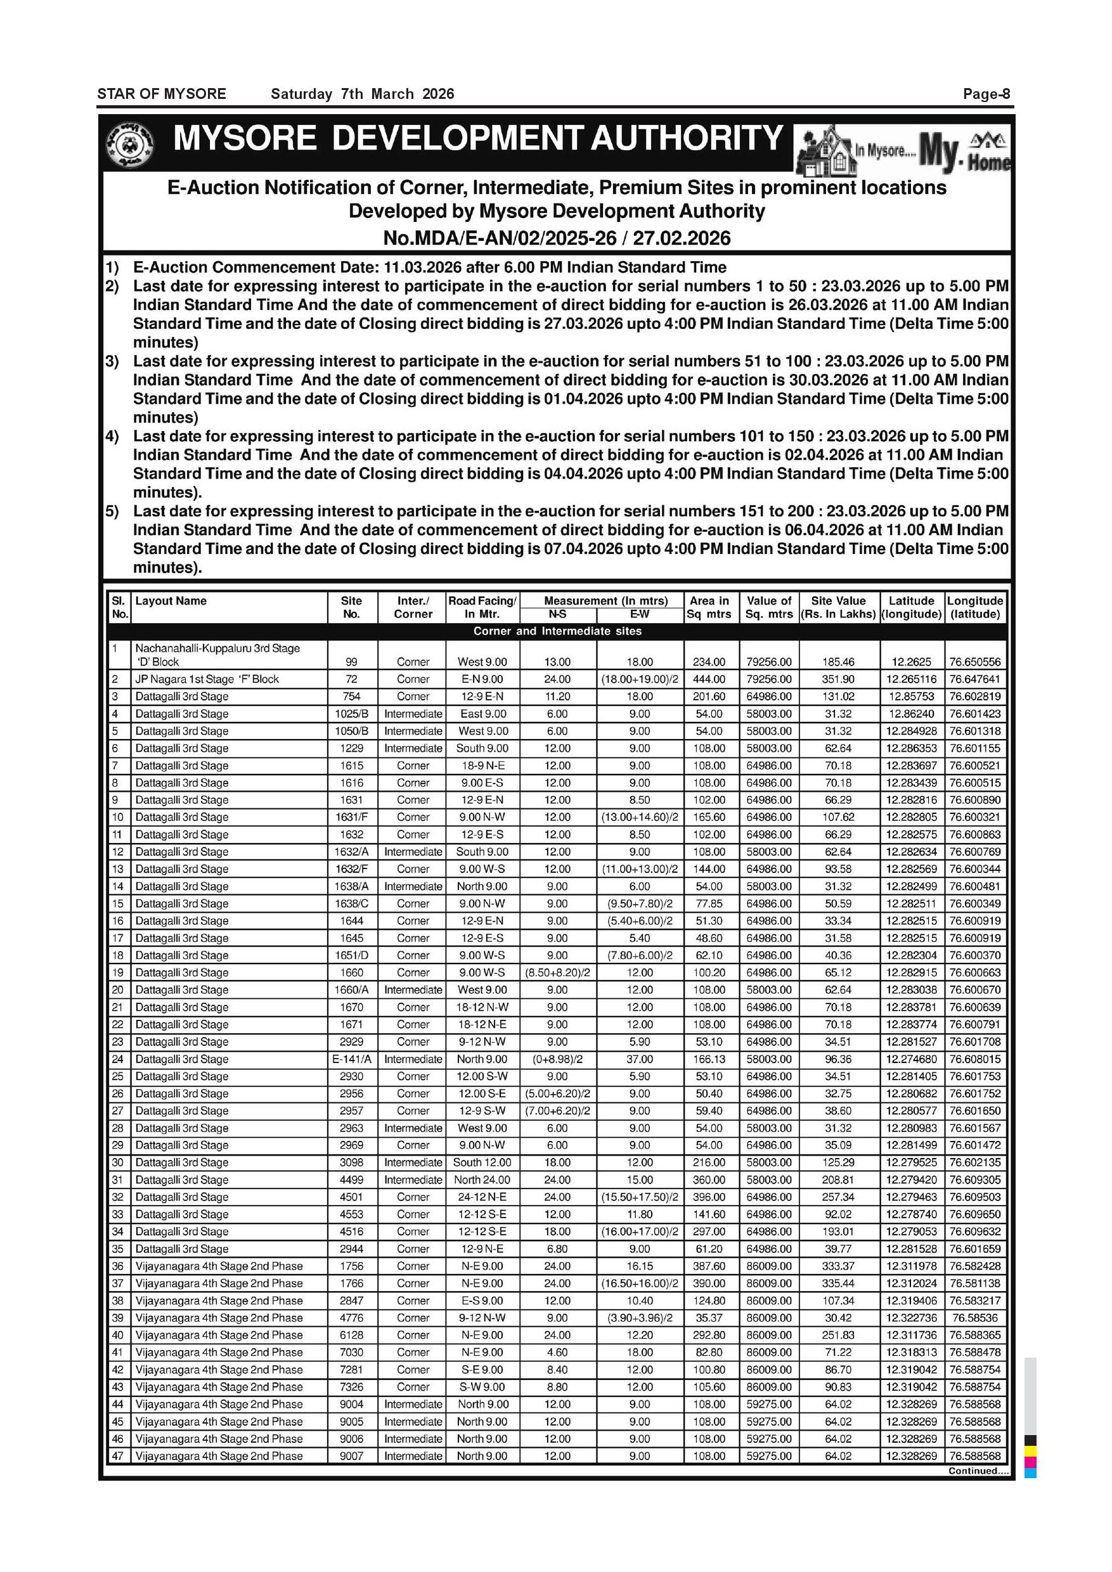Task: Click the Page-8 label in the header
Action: [986, 94]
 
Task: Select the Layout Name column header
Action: [171, 600]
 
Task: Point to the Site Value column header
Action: [838, 607]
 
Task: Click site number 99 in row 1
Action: [351, 662]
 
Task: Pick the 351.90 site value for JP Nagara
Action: [838, 679]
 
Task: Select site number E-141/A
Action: [351, 1059]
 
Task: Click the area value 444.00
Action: [709, 679]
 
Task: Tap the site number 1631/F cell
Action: [351, 817]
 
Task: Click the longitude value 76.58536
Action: [974, 1318]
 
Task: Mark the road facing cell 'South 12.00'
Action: [482, 1163]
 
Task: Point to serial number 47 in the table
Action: [118, 1455]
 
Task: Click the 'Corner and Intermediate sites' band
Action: [557, 631]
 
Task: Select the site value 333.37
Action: [838, 1266]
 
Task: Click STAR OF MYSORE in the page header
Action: [162, 94]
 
